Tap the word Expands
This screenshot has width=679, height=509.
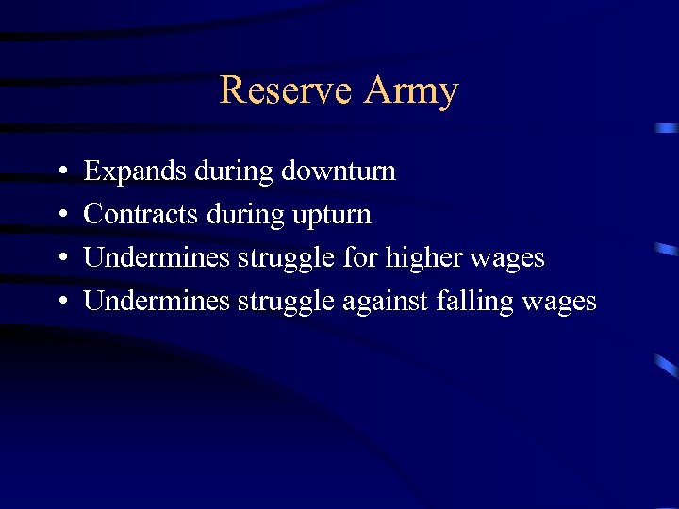pos(135,172)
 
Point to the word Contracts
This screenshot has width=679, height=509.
pos(141,215)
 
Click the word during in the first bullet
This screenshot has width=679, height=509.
pos(233,172)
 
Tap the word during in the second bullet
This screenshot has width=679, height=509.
pos(241,215)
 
